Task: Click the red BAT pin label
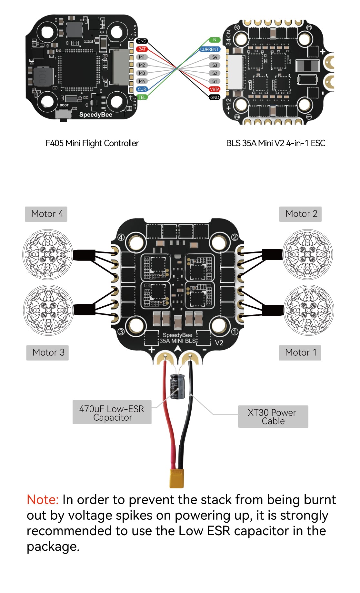point(142,49)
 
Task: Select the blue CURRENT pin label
point(209,49)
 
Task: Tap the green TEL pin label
point(142,97)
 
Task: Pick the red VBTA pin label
point(215,89)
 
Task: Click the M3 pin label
point(142,73)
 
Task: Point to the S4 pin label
point(215,57)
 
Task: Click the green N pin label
point(215,40)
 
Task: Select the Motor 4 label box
point(46,214)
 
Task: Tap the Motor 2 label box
point(300,214)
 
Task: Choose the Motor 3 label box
point(47,353)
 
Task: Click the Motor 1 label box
point(300,353)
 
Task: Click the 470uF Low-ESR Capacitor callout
point(112,413)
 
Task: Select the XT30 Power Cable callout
point(273,417)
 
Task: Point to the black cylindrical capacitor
point(177,386)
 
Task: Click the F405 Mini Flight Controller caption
point(92,143)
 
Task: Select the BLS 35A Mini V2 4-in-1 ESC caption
point(275,143)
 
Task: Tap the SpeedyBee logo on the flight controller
point(95,115)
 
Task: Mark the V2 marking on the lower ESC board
point(219,343)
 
